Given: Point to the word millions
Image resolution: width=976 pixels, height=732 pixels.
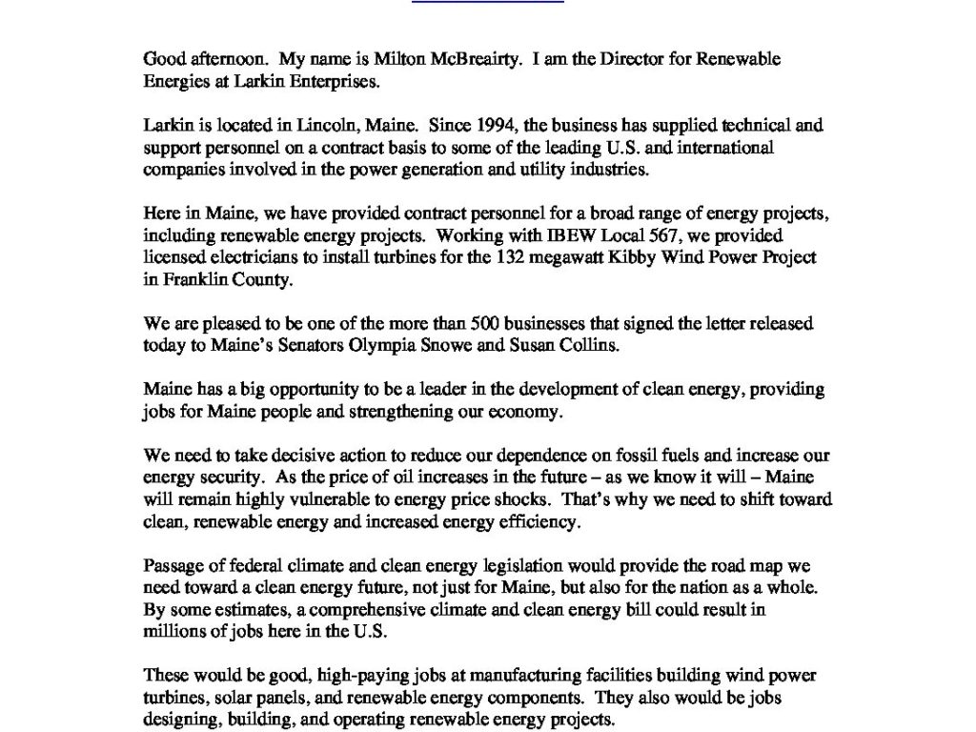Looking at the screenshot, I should point(174,632).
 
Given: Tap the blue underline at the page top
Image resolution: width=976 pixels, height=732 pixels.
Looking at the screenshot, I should point(488,2).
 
